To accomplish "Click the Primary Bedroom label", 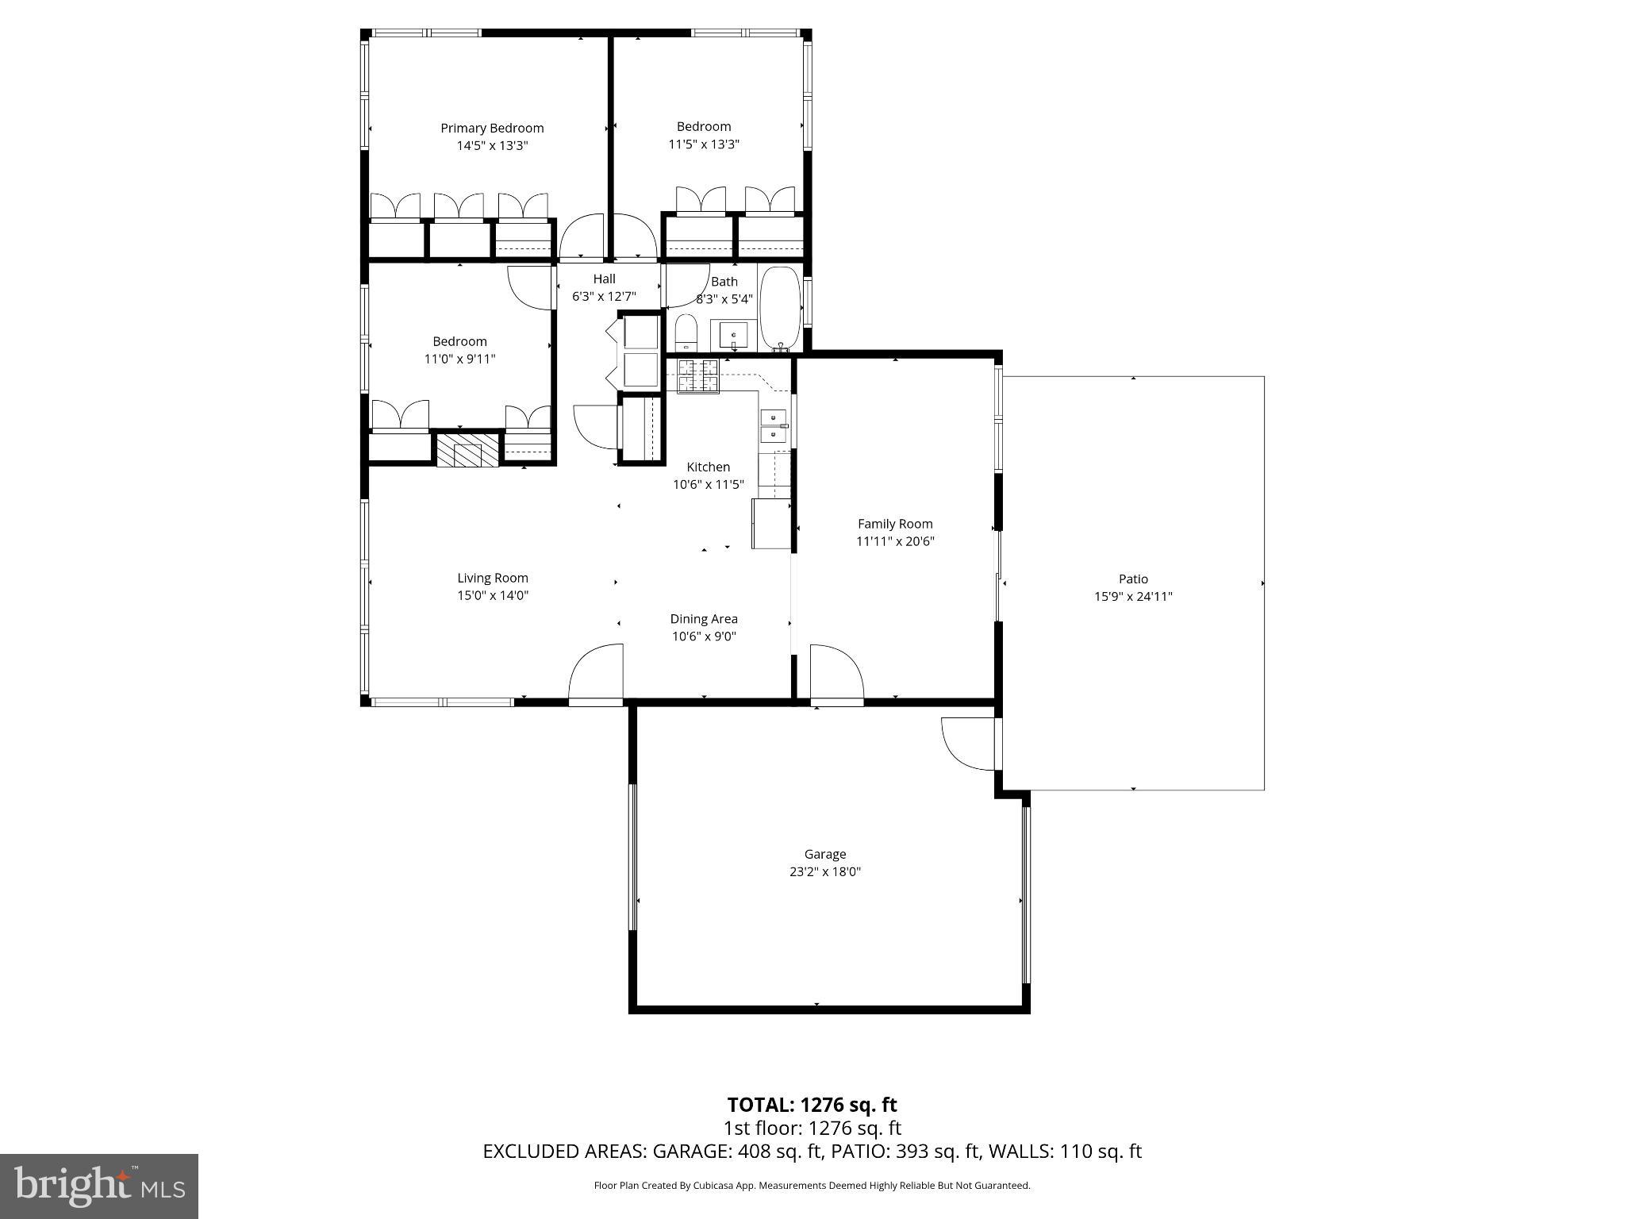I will pyautogui.click(x=492, y=128).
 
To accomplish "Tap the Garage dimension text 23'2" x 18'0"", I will pyautogui.click(x=825, y=871).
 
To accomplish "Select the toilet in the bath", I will pyautogui.click(x=686, y=333).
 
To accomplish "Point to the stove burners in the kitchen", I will pyautogui.click(x=697, y=376).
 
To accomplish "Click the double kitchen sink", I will pyautogui.click(x=773, y=426).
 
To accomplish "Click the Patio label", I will pyautogui.click(x=1133, y=579).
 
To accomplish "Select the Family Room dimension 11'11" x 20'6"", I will pyautogui.click(x=895, y=541).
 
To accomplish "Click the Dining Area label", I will pyautogui.click(x=704, y=619).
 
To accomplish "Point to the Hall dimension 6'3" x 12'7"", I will pyautogui.click(x=604, y=297).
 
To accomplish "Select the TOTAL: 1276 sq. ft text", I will pyautogui.click(x=812, y=1105).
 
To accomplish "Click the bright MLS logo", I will pyautogui.click(x=99, y=1186).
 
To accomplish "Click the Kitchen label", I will pyautogui.click(x=708, y=467).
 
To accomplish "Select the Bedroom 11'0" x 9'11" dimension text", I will pyautogui.click(x=459, y=359).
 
